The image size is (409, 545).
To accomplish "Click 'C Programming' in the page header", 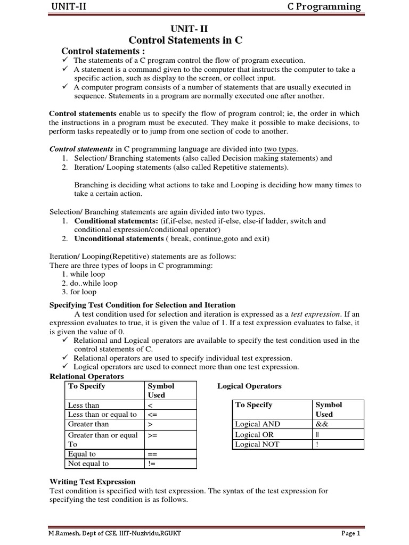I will point(324,6).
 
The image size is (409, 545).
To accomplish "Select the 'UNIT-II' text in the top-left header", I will point(69,6).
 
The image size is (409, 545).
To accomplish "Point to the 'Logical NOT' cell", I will point(257,444).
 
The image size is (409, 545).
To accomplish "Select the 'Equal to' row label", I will point(82,454).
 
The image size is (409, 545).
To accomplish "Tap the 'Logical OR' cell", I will point(255,434).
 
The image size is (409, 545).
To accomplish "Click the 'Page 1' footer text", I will point(350,533).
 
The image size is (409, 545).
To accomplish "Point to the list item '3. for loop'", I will point(79,292).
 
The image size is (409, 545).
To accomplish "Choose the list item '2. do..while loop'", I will point(90,283).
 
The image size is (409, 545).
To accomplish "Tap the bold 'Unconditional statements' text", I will point(119,238).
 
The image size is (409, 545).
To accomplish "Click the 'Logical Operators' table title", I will point(249,386).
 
